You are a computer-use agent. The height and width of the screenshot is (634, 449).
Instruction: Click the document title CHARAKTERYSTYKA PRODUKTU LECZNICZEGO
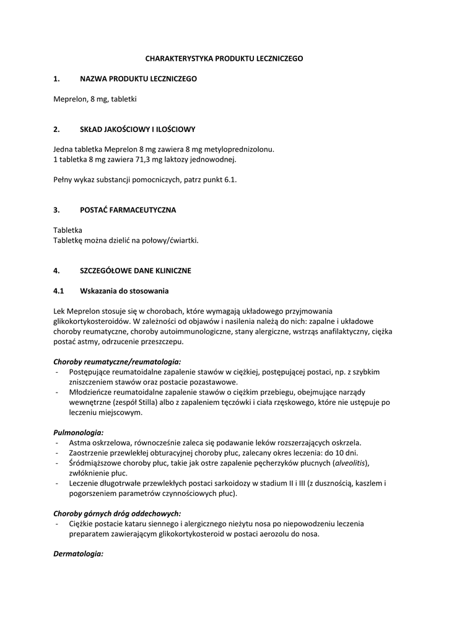[224, 58]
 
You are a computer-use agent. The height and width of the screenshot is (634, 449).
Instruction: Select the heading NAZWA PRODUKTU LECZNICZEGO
[138, 79]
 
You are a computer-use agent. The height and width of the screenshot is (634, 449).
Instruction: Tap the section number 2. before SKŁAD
[56, 129]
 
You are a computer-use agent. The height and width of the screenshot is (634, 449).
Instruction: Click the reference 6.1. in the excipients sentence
[229, 180]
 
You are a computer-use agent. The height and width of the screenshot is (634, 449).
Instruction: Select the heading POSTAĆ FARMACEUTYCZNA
[128, 210]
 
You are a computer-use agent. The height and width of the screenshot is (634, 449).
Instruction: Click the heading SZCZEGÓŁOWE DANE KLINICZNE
[136, 271]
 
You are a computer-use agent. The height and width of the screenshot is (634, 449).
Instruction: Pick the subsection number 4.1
[58, 291]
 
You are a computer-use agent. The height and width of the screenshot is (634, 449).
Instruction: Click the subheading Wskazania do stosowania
[124, 291]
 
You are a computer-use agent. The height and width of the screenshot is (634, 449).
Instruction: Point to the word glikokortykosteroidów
[90, 321]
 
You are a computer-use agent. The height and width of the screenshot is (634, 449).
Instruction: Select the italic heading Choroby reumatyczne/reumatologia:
[117, 362]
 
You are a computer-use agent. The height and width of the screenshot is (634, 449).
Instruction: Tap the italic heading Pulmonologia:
[78, 432]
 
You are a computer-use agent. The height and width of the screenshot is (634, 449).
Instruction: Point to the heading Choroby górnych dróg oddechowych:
[117, 513]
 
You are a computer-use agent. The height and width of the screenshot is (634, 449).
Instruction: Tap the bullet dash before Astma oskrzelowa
[57, 443]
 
